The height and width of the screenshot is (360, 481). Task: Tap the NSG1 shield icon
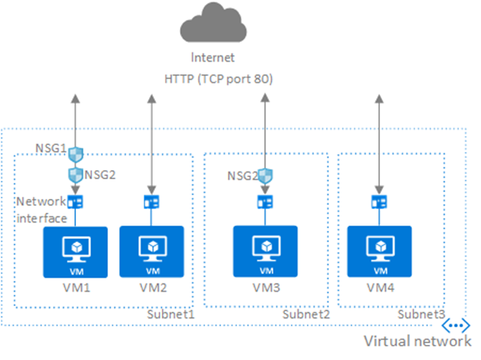click(75, 155)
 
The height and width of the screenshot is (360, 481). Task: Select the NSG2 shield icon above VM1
click(75, 174)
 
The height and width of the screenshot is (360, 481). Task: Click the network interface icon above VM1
click(75, 202)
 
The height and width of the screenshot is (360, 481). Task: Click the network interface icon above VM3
click(265, 202)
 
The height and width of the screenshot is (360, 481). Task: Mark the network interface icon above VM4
click(377, 202)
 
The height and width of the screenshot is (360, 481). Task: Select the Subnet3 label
click(420, 314)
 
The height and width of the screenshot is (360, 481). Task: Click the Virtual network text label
click(416, 340)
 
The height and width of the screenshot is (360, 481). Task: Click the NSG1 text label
click(52, 147)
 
